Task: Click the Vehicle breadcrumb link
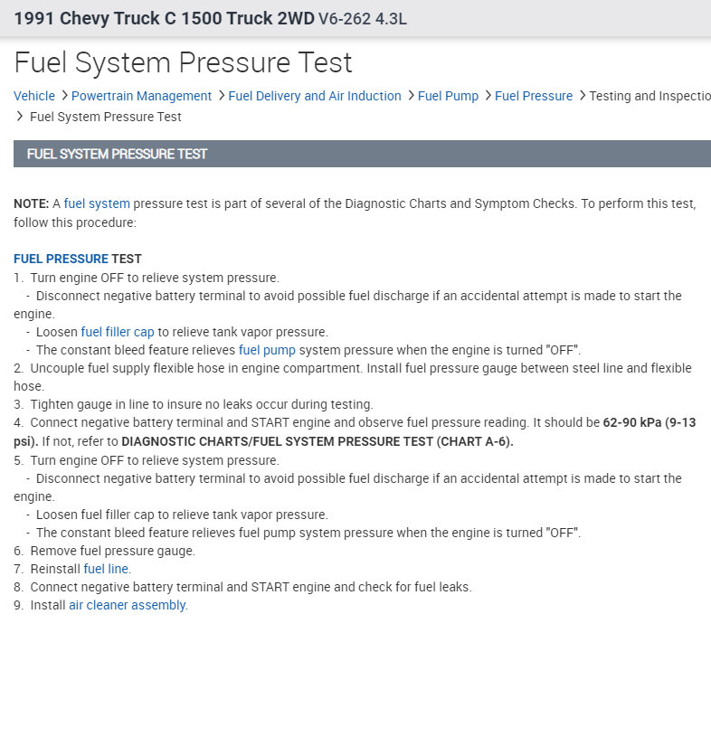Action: tap(34, 96)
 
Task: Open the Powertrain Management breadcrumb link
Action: tap(141, 96)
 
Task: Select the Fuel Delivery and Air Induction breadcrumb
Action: tap(315, 96)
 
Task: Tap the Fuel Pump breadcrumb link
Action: tap(448, 96)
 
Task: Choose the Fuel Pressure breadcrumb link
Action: tap(534, 96)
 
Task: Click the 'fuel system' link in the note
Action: tap(97, 203)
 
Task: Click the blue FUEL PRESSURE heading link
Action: tap(61, 260)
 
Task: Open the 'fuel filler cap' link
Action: tap(118, 332)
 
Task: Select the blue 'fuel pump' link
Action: tap(267, 350)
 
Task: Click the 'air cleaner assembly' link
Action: tap(128, 605)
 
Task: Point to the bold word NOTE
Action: tap(31, 203)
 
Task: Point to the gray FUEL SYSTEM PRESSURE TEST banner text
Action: tap(118, 154)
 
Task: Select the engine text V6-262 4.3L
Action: tap(363, 18)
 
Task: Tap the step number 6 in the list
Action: tap(18, 551)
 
